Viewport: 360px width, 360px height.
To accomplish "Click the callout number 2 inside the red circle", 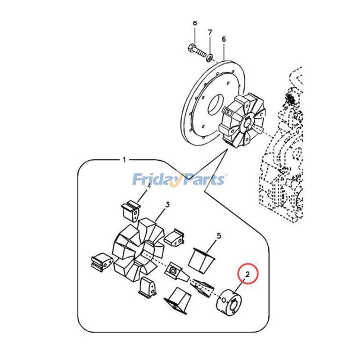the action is tap(247, 274).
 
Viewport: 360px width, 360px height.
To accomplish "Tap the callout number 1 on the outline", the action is tap(125, 160).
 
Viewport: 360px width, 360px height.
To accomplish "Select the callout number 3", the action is tap(167, 204).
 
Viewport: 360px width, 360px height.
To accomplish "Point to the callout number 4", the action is tap(149, 186).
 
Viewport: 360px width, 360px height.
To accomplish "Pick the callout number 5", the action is tap(219, 236).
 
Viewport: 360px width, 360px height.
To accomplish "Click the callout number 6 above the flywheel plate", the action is tap(224, 39).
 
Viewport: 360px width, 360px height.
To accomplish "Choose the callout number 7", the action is tap(210, 32).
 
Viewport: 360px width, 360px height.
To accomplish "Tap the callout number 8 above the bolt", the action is tap(195, 23).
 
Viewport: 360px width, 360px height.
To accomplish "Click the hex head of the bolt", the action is tap(191, 49).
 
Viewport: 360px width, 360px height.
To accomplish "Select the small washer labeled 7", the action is tap(209, 57).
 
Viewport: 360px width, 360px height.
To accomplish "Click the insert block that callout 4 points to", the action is tap(130, 211).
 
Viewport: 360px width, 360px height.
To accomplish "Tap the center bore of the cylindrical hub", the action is tap(234, 305).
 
